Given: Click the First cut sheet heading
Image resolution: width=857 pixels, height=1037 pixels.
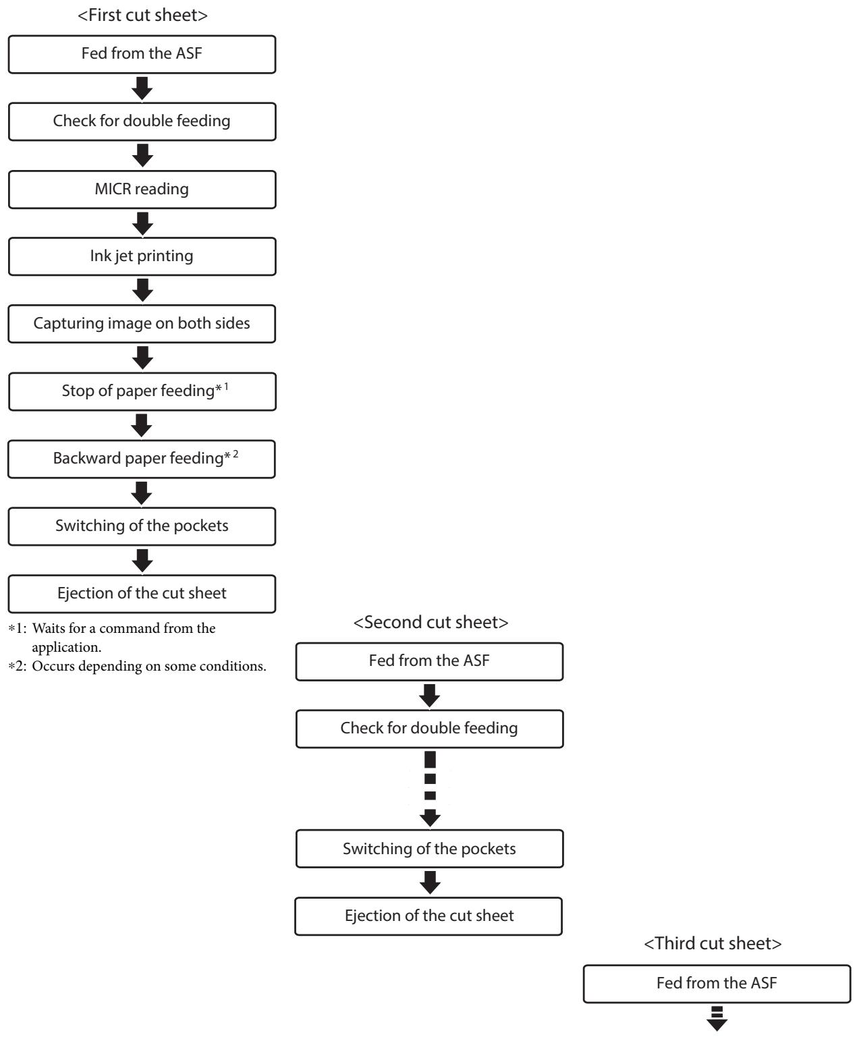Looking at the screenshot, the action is click(142, 16).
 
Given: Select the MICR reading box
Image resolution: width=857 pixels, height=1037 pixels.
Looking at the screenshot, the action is click(142, 189).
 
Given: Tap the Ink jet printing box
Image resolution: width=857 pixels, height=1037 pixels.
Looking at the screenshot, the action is click(142, 256).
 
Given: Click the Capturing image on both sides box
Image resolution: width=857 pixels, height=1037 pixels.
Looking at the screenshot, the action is click(142, 324).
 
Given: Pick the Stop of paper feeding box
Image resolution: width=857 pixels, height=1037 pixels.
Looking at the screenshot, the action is click(142, 391).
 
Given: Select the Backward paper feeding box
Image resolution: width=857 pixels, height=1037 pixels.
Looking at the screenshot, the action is click(142, 459).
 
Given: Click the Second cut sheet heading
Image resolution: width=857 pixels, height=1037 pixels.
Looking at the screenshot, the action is click(431, 622).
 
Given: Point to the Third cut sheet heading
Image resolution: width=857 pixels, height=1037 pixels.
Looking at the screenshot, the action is click(713, 943).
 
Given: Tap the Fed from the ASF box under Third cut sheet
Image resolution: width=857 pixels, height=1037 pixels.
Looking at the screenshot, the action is click(717, 984).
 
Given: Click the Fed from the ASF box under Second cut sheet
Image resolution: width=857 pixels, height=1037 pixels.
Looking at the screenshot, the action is click(429, 661).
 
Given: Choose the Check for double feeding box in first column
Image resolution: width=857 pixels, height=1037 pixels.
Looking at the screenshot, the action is click(142, 121).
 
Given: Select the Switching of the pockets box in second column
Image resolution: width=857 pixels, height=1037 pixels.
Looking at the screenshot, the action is click(429, 849).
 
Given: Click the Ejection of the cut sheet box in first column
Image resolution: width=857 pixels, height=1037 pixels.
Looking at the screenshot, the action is click(142, 594).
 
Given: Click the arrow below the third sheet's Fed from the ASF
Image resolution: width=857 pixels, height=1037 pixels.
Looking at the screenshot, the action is click(717, 1018).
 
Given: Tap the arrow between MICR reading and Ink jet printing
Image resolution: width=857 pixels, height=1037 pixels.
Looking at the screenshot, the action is click(142, 223).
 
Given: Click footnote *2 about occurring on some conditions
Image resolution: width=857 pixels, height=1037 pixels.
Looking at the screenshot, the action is click(137, 666).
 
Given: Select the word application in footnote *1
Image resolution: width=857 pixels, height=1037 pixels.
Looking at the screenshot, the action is click(67, 648).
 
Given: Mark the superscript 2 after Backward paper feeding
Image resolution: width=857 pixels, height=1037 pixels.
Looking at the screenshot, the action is click(236, 453).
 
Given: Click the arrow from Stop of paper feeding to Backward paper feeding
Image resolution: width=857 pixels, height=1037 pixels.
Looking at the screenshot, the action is click(142, 426).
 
